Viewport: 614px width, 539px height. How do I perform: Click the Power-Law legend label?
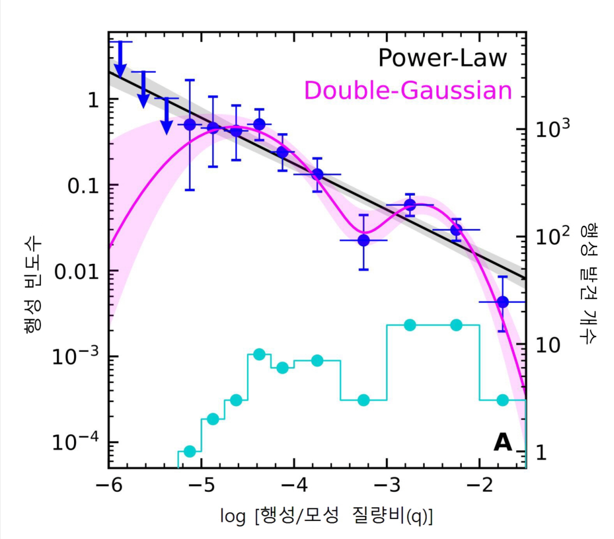click(x=442, y=58)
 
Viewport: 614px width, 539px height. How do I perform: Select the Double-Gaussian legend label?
click(x=408, y=90)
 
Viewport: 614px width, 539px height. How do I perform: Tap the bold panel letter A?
click(x=503, y=442)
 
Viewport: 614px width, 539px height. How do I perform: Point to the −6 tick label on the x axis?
click(x=109, y=486)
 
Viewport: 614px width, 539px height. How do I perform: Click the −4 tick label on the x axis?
click(x=294, y=486)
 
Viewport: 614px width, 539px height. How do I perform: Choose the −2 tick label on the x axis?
click(x=480, y=486)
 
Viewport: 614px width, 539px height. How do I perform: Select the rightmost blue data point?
click(x=503, y=302)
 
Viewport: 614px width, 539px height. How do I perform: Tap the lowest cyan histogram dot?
click(x=190, y=451)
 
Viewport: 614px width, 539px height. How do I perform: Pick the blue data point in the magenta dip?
click(x=364, y=240)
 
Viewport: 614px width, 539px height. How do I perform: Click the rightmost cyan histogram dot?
click(x=503, y=400)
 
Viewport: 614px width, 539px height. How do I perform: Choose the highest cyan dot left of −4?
click(x=259, y=354)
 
